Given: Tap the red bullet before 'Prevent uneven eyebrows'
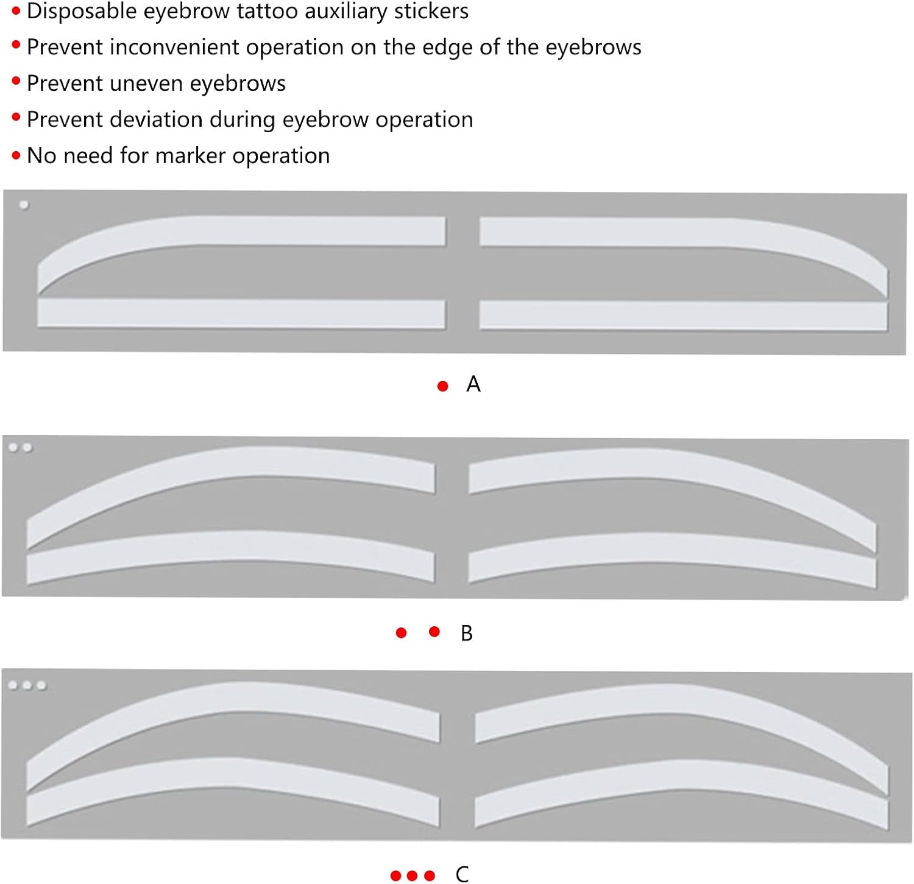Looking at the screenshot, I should [x=16, y=82].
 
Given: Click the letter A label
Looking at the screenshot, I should [x=473, y=384].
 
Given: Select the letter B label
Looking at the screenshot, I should [x=466, y=634].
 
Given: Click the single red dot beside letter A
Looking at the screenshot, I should [x=443, y=386].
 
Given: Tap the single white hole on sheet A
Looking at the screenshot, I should [x=24, y=205].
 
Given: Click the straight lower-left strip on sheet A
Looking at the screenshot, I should [x=241, y=314].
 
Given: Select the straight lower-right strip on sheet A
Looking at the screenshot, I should [x=682, y=316].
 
